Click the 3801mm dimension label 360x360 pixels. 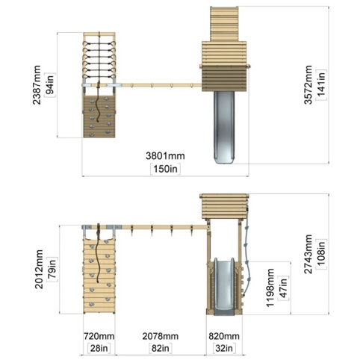(x=165, y=156)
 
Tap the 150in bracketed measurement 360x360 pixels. (x=165, y=169)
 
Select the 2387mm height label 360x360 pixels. (x=37, y=85)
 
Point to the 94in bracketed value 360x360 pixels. (x=50, y=85)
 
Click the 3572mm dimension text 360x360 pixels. (x=308, y=84)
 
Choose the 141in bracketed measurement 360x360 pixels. (x=321, y=84)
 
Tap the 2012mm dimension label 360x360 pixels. (x=39, y=270)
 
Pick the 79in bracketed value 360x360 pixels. (x=52, y=270)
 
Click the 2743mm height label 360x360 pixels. (x=308, y=254)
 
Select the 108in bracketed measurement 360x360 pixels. (x=321, y=254)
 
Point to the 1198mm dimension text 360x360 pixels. (x=270, y=288)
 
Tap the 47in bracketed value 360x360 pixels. (x=283, y=288)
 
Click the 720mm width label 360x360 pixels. (x=99, y=336)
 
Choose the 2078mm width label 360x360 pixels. (x=161, y=336)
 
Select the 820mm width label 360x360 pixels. (x=224, y=336)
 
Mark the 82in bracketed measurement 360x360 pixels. (x=161, y=348)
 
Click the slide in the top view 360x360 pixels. (x=224, y=128)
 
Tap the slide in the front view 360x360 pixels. (x=224, y=286)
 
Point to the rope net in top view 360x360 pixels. (x=99, y=59)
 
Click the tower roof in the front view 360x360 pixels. (x=224, y=206)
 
